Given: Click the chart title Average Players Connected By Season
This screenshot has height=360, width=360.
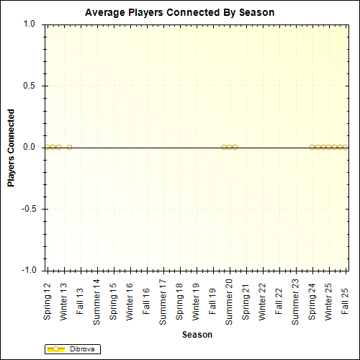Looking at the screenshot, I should point(179,13).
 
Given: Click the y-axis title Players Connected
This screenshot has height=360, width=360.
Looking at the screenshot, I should point(11,148).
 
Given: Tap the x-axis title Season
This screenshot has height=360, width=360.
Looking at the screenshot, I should point(197,335).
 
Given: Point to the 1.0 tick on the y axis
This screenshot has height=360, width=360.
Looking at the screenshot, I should point(30,24).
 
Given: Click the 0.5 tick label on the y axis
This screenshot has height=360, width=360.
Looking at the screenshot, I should point(30,86).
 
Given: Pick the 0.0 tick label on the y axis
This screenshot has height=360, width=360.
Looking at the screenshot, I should point(30,147).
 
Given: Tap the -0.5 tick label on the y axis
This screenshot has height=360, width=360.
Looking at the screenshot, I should point(28,209).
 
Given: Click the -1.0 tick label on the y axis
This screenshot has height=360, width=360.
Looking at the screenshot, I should point(28,271).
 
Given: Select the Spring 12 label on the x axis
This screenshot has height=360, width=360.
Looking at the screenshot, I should point(48,302).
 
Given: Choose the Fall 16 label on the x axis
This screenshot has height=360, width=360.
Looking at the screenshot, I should point(147,305).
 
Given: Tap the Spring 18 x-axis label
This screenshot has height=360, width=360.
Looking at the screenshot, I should point(180,302).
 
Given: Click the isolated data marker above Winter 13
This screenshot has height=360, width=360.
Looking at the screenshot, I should point(69,147).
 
